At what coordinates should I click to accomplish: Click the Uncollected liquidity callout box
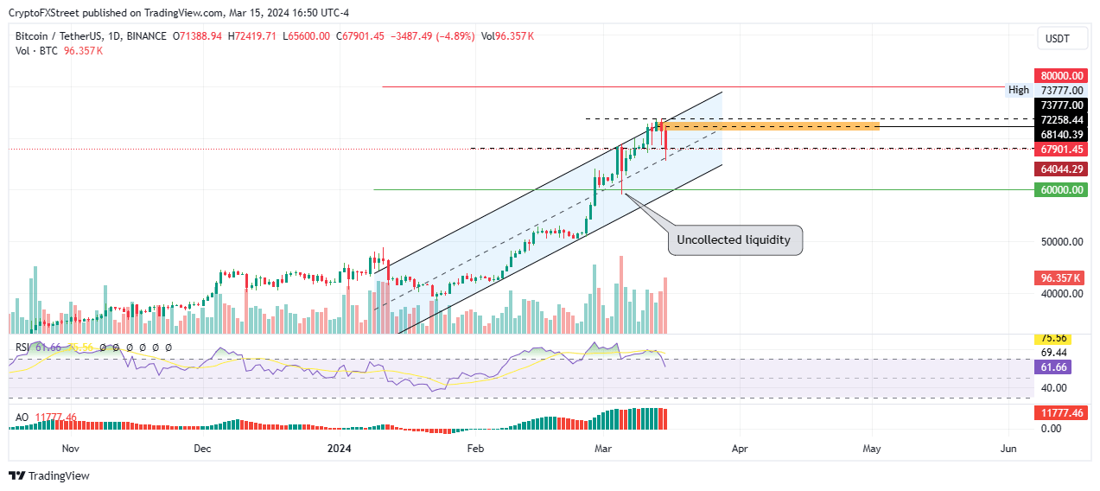click(x=734, y=239)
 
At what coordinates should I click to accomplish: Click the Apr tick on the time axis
click(x=739, y=449)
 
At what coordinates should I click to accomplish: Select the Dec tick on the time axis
click(x=201, y=449)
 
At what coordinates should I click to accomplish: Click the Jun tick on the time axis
click(x=1007, y=449)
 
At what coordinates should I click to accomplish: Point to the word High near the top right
click(x=1018, y=90)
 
